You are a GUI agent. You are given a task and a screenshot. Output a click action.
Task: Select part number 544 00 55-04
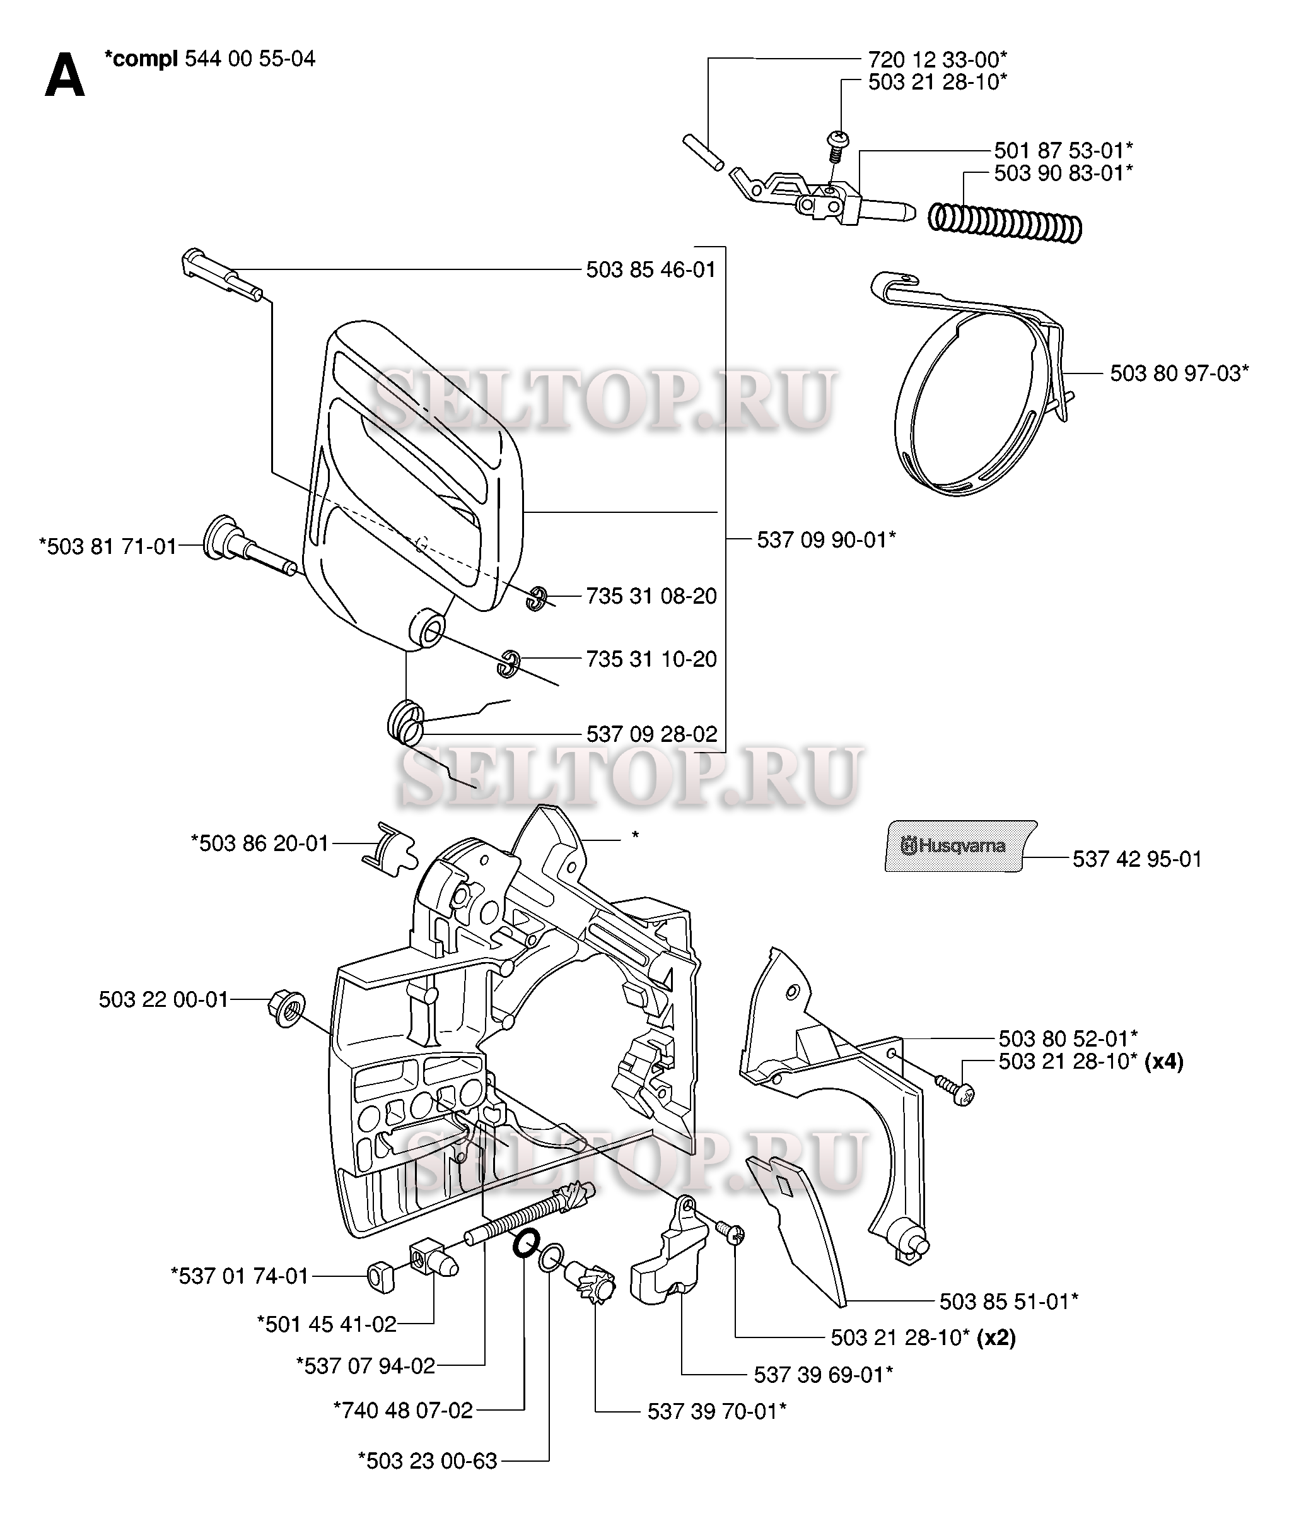click(x=250, y=59)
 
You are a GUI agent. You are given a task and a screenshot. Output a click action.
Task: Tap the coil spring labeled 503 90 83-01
click(x=1005, y=223)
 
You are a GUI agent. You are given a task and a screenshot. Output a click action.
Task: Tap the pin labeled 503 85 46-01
click(x=219, y=274)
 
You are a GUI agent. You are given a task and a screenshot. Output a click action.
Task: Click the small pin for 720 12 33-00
click(x=703, y=152)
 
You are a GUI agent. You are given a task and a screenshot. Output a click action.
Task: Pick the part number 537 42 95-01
click(x=1137, y=859)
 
